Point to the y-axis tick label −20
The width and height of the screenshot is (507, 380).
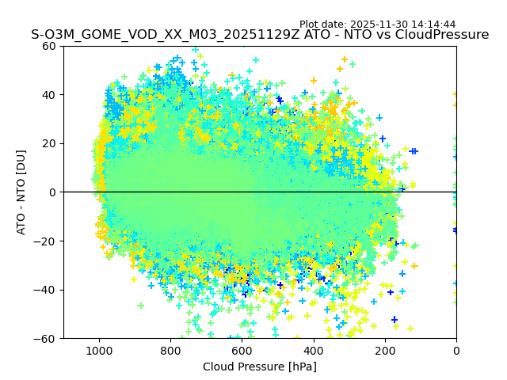tap(47, 241)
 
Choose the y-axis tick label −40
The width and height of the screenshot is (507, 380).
tap(47, 290)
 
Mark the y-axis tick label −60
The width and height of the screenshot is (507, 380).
tap(47, 338)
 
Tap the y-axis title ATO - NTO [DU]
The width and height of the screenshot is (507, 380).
tap(22, 192)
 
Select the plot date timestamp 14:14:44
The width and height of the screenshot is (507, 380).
tap(456, 25)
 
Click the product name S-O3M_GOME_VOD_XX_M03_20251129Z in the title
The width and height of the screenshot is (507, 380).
tap(160, 35)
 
